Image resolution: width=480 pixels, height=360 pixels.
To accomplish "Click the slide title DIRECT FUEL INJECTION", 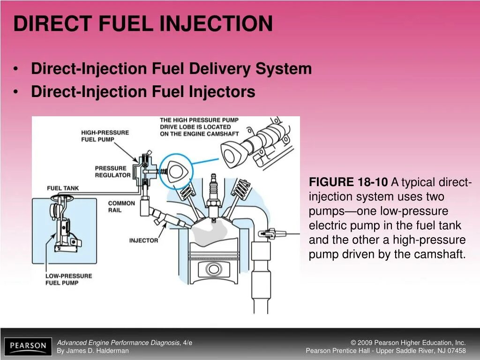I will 143,23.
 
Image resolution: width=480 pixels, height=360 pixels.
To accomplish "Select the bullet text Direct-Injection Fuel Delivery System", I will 171,69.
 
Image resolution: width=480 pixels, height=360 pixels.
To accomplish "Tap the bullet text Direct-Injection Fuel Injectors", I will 143,91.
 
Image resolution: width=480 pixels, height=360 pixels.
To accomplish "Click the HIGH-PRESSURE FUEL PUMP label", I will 105,136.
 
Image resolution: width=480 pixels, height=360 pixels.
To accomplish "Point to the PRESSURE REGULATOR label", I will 112,172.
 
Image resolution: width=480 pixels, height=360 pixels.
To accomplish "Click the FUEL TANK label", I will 63,188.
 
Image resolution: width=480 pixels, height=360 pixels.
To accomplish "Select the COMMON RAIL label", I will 121,207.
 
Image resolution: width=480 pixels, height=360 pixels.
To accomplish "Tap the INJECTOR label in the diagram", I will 143,240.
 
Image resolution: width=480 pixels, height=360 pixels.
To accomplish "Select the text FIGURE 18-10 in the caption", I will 348,182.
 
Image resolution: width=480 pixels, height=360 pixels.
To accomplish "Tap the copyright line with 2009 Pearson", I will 408,343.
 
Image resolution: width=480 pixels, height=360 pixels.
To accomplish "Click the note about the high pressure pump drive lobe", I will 199,127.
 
